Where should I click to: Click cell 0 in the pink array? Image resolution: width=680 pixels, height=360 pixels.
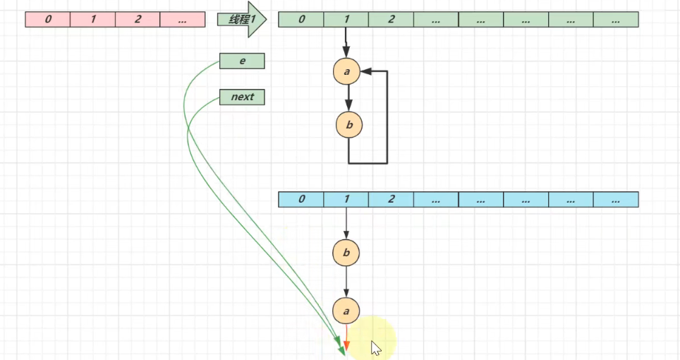47,20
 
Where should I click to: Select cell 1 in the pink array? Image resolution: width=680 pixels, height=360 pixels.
92,20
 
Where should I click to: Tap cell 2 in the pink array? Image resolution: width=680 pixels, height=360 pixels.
138,20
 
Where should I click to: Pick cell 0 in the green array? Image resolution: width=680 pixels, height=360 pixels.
301,20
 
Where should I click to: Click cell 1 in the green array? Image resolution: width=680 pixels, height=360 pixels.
346,20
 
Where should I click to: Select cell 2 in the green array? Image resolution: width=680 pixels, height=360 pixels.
391,20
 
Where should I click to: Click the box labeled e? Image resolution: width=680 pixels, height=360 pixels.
242,61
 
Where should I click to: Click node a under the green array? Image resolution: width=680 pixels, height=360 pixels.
347,71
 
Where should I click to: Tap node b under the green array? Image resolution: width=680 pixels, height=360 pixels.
348,126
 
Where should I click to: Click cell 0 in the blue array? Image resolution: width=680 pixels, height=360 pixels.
301,199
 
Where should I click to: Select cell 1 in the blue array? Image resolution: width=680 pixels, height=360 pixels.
346,199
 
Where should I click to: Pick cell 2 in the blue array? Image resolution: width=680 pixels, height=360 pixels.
391,199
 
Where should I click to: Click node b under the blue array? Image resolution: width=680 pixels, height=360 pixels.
346,252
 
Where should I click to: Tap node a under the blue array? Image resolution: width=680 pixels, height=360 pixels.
346,310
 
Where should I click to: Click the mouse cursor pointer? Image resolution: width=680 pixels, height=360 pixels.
376,347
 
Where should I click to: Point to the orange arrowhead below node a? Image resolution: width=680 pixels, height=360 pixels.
346,345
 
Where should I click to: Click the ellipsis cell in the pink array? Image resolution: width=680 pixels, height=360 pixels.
183,20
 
